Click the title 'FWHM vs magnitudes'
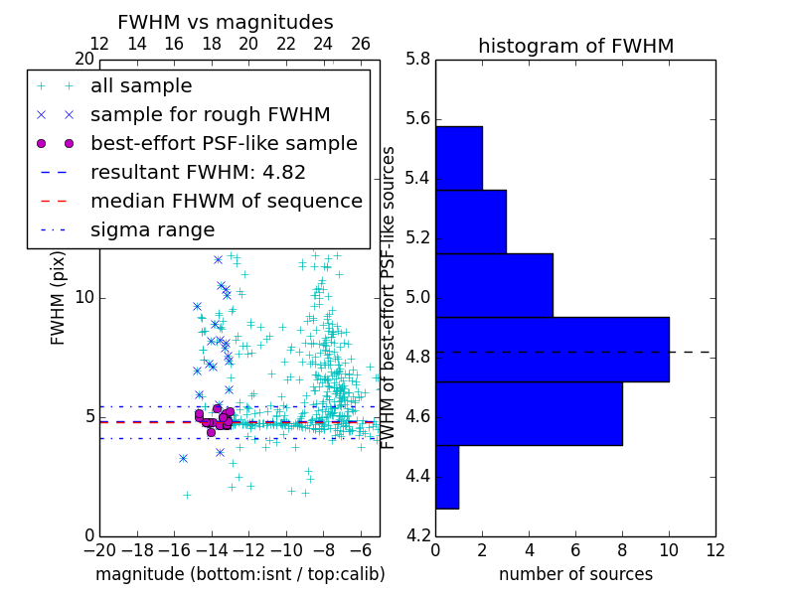coord(226,23)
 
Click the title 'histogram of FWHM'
coord(575,47)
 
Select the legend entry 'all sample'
coord(141,86)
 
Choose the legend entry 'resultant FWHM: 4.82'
coord(198,173)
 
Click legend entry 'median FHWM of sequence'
coord(226,202)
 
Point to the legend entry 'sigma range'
coord(152,230)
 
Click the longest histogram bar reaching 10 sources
coord(552,349)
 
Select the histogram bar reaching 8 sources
coord(529,413)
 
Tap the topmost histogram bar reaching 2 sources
coord(459,157)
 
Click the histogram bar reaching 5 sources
coord(494,285)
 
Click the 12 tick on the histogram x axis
coord(715,549)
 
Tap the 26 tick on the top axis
coord(361,45)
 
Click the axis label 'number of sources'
coord(575,574)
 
